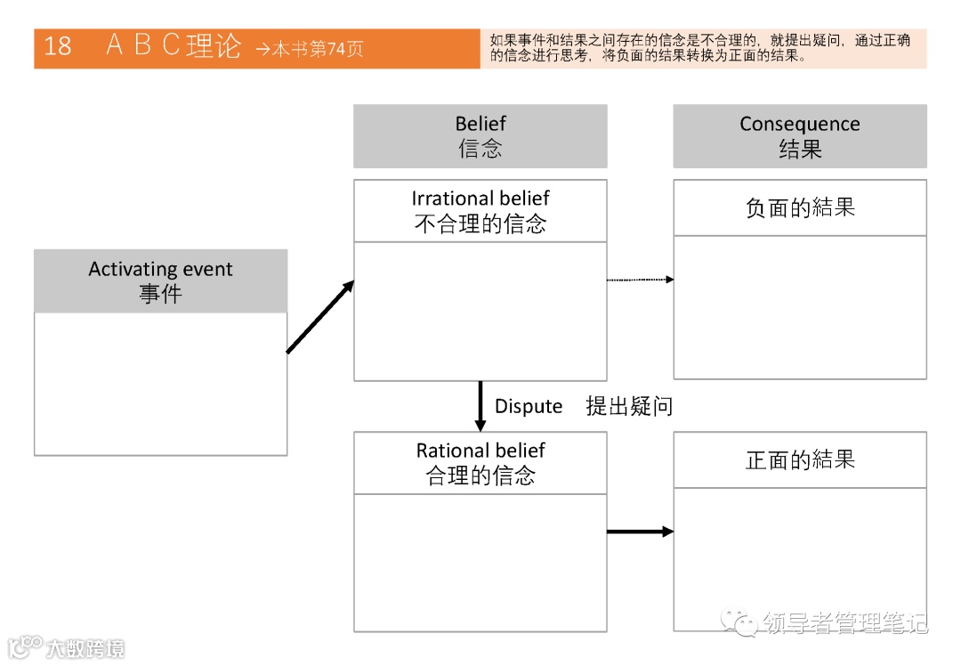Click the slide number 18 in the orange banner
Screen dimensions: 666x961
pyautogui.click(x=58, y=46)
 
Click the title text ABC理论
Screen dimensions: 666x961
pyautogui.click(x=174, y=46)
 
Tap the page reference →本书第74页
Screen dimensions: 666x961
pyautogui.click(x=309, y=49)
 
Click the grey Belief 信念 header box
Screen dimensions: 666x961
pyautogui.click(x=480, y=136)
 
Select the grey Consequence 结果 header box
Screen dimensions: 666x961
pyautogui.click(x=799, y=136)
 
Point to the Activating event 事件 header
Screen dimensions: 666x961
pyautogui.click(x=160, y=281)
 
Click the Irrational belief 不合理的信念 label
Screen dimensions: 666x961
pyautogui.click(x=480, y=211)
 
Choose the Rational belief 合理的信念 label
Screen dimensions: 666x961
pyautogui.click(x=480, y=463)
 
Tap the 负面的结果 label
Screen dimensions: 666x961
pyautogui.click(x=799, y=208)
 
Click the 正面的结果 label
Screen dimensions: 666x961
pyautogui.click(x=799, y=460)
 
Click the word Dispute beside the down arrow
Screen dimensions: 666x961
pyautogui.click(x=529, y=407)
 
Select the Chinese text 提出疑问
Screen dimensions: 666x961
pyautogui.click(x=629, y=407)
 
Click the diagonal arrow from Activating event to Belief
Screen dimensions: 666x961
pyautogui.click(x=320, y=317)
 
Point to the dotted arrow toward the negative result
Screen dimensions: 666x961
pyautogui.click(x=640, y=280)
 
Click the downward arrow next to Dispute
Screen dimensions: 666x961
pyautogui.click(x=480, y=406)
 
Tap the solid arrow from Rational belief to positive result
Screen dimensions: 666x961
pyautogui.click(x=640, y=532)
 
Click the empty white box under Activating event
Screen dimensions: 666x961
pyautogui.click(x=160, y=384)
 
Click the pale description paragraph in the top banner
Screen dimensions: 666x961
pyautogui.click(x=703, y=48)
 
